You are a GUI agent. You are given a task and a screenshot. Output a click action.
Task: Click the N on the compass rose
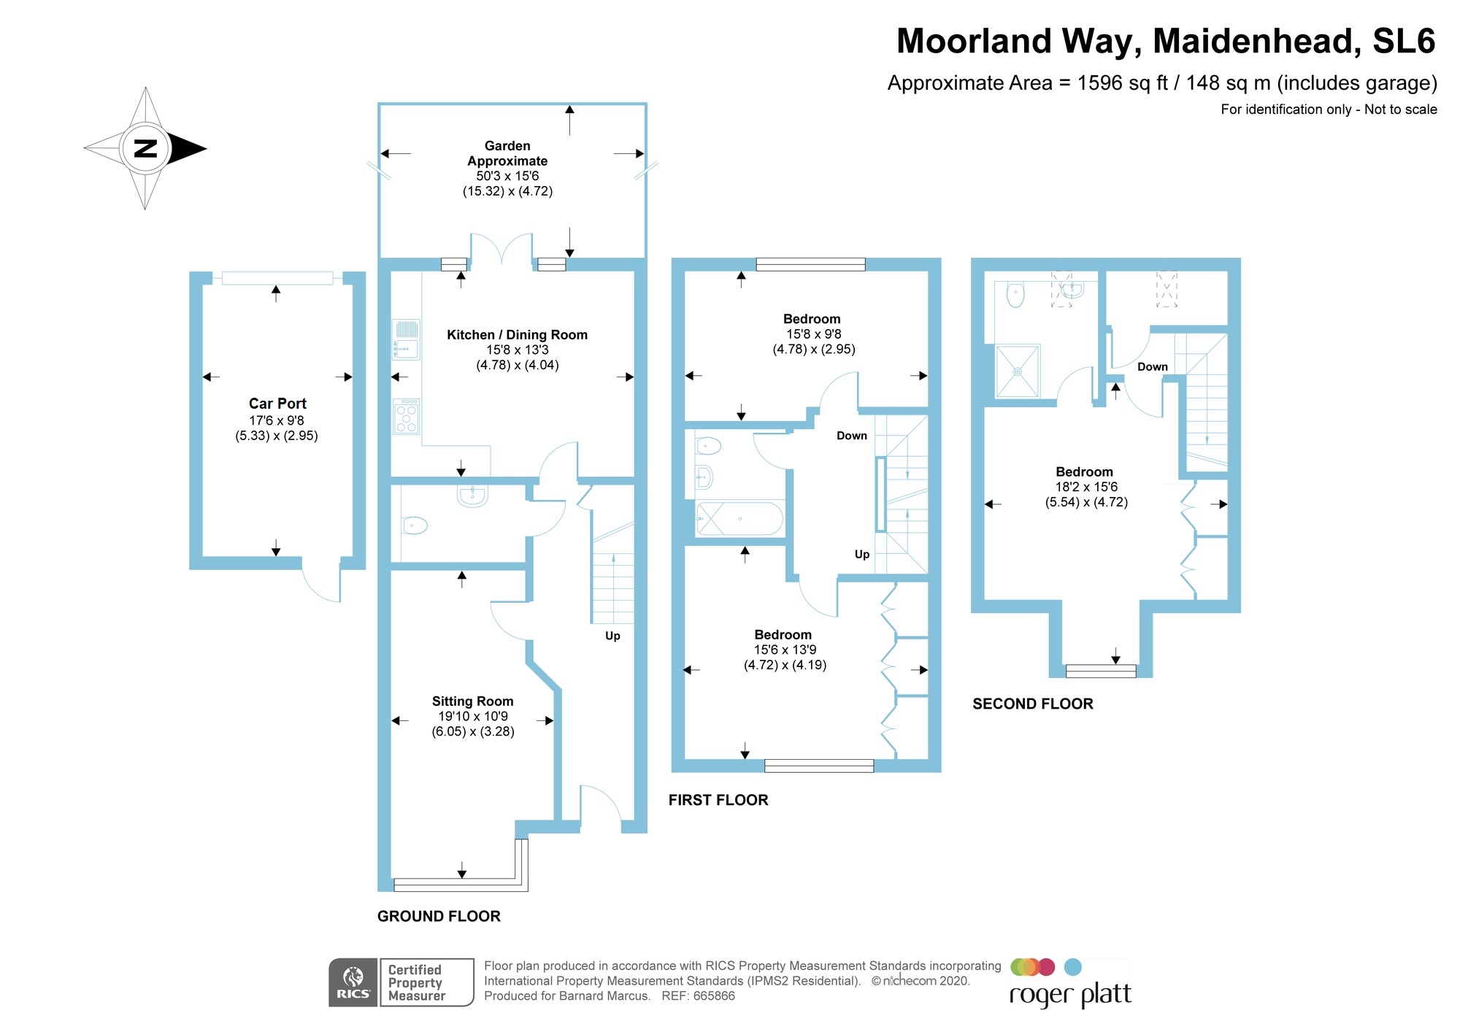point(146,148)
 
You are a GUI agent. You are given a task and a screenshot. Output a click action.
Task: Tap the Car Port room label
point(277,404)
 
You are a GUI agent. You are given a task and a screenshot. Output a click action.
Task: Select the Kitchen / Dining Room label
point(517,335)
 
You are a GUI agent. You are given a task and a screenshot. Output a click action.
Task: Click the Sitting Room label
point(472,701)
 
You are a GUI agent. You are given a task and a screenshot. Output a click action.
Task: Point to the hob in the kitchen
point(406,417)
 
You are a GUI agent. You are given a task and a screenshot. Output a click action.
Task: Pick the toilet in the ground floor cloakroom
point(414,524)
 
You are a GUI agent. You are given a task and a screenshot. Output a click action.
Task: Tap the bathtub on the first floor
point(739,518)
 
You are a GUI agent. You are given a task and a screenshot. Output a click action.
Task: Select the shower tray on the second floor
point(1018,371)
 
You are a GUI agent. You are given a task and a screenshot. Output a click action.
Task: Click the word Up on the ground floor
point(612,636)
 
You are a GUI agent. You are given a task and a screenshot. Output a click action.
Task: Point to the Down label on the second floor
point(1152,367)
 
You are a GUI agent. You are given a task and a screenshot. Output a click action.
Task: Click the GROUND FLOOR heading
point(439,916)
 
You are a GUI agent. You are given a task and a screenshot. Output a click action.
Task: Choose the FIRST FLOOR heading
point(718,800)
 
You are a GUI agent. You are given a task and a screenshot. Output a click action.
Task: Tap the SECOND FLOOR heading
point(1032,704)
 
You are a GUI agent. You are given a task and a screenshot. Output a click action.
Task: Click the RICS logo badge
point(353,982)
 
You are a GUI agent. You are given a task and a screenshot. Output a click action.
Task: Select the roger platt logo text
point(1069,995)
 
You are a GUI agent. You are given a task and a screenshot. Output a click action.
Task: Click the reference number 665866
point(713,996)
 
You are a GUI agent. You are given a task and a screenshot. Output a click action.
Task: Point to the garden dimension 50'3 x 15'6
point(507,176)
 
